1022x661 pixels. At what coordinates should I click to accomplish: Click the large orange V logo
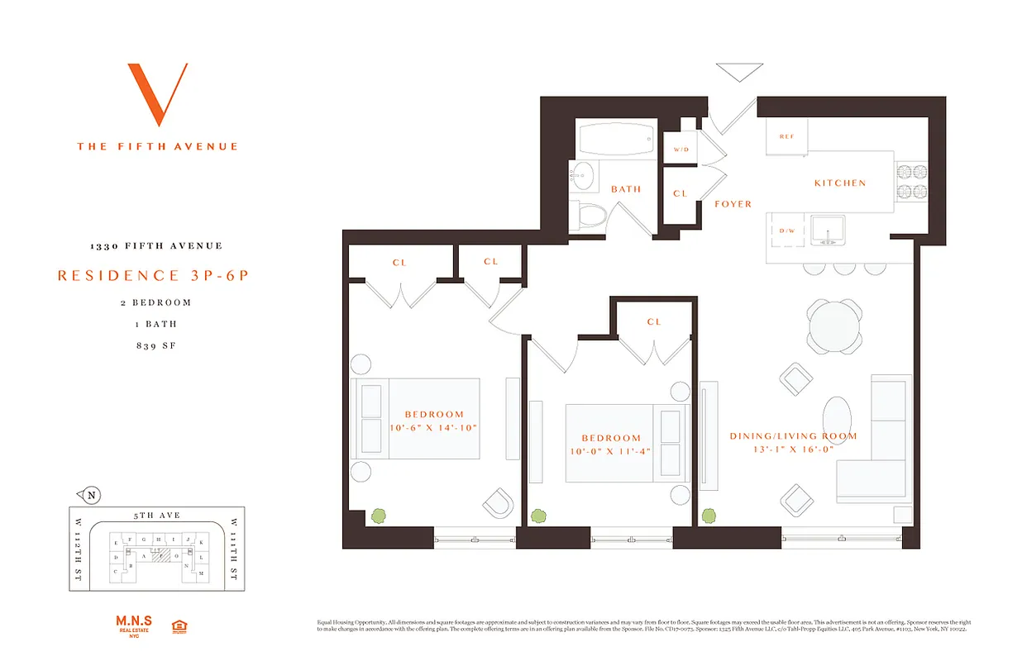coord(157,94)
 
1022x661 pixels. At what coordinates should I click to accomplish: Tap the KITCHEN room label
coord(839,183)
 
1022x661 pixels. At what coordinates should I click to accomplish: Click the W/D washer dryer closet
coord(681,150)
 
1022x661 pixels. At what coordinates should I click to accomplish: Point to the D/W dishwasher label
coord(786,231)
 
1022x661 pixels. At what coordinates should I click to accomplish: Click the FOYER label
coord(733,204)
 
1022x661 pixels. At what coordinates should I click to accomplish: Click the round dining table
coord(834,325)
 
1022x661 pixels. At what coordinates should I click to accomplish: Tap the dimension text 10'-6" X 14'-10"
coord(433,428)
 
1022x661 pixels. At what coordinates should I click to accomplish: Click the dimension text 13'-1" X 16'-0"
coord(793,451)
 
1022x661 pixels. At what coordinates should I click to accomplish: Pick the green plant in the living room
coord(709,516)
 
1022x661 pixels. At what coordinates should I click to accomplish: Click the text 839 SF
coord(157,345)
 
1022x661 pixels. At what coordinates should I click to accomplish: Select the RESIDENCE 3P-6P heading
coord(153,276)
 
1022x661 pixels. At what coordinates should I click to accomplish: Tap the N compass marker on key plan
coord(93,496)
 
